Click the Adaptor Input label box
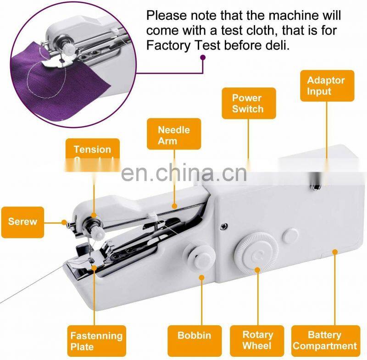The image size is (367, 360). (x=327, y=85)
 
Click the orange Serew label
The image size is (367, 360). (x=22, y=222)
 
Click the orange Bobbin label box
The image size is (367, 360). (x=194, y=336)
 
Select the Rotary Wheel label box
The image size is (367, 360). (x=257, y=341)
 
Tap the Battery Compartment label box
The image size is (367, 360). (x=325, y=341)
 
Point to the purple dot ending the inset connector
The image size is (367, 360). (x=203, y=58)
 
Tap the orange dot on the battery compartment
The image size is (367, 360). (x=335, y=251)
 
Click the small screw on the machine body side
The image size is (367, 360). (x=223, y=225)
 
